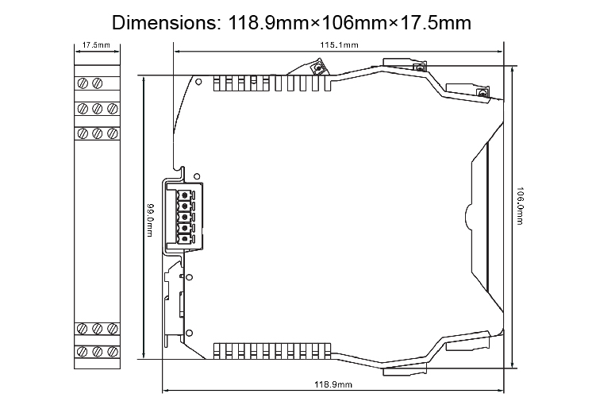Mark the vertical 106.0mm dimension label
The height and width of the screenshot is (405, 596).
(x=520, y=207)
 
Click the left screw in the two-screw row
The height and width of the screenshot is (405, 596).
(x=84, y=82)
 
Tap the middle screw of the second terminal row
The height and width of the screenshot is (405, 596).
(x=96, y=108)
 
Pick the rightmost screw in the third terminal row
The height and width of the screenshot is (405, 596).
(x=108, y=133)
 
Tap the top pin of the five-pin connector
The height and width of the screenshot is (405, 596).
(x=183, y=194)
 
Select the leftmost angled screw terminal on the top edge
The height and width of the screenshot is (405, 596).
(x=316, y=69)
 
